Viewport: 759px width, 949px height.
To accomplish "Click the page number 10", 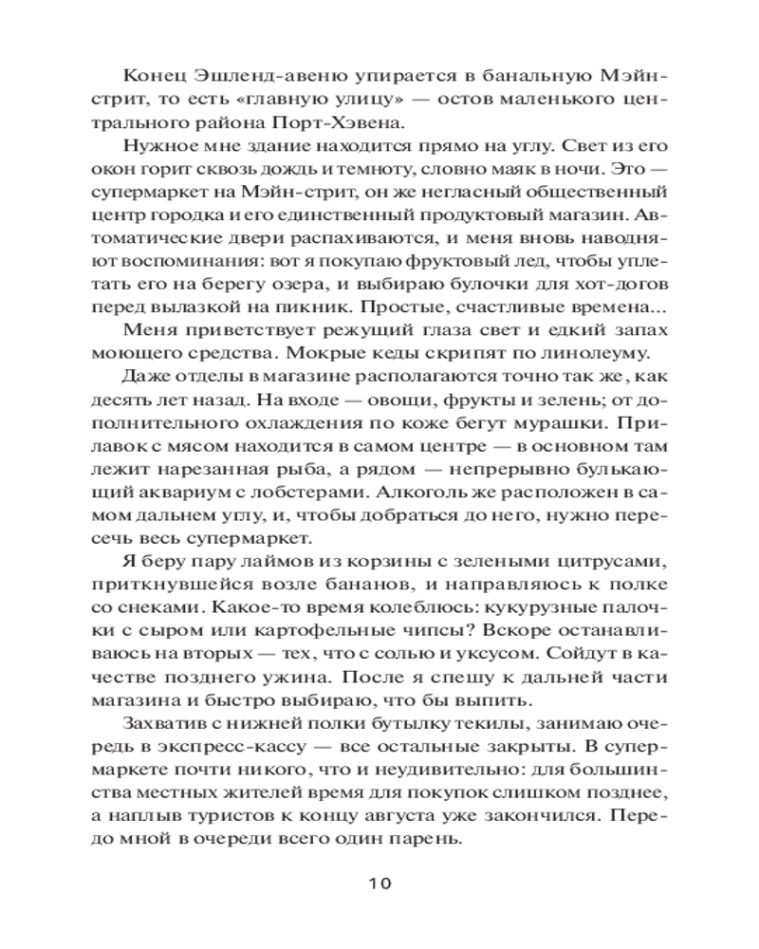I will pos(379,884).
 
